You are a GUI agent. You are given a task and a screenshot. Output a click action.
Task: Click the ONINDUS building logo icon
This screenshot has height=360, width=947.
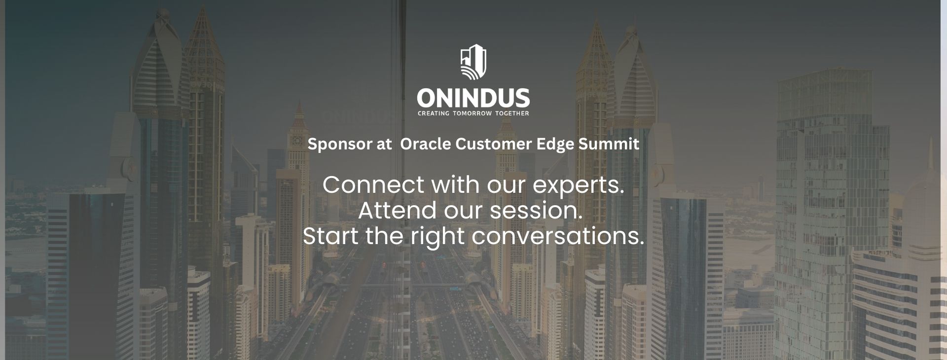pyautogui.click(x=473, y=63)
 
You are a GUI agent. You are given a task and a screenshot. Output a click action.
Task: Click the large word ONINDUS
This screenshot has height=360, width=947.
pyautogui.click(x=473, y=98)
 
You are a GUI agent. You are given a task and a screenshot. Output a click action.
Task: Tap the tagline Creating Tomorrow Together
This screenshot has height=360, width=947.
pyautogui.click(x=473, y=113)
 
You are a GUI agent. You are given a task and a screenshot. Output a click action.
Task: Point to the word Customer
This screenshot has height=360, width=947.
pyautogui.click(x=494, y=144)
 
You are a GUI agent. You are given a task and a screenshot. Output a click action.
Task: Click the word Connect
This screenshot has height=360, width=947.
pyautogui.click(x=373, y=185)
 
